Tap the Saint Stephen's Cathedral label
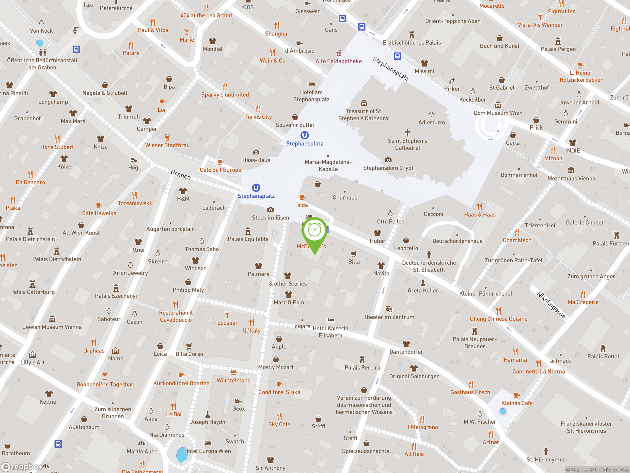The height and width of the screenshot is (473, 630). (x=407, y=144)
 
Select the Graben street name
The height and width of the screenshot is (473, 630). (x=181, y=174)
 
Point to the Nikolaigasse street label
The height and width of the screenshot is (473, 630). (x=551, y=304)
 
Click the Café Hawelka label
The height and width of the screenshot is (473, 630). (x=99, y=213)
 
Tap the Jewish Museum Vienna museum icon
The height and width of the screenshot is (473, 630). (x=52, y=319)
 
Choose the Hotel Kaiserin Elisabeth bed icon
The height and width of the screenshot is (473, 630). (x=330, y=320)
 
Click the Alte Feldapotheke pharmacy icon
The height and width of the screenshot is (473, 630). (x=339, y=53)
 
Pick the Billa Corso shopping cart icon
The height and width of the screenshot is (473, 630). (x=189, y=346)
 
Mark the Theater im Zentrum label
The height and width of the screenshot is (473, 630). (x=389, y=317)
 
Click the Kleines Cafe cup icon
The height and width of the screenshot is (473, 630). (x=517, y=395)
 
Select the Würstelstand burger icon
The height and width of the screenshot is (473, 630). (x=234, y=372)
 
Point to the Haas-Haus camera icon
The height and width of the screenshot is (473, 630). (x=256, y=152)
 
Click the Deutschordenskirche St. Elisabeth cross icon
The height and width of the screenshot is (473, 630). (x=429, y=254)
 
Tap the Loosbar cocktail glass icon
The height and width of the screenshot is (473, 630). (x=227, y=315)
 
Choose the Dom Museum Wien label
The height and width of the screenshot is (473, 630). (x=498, y=113)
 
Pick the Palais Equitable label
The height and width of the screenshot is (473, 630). (x=248, y=239)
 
